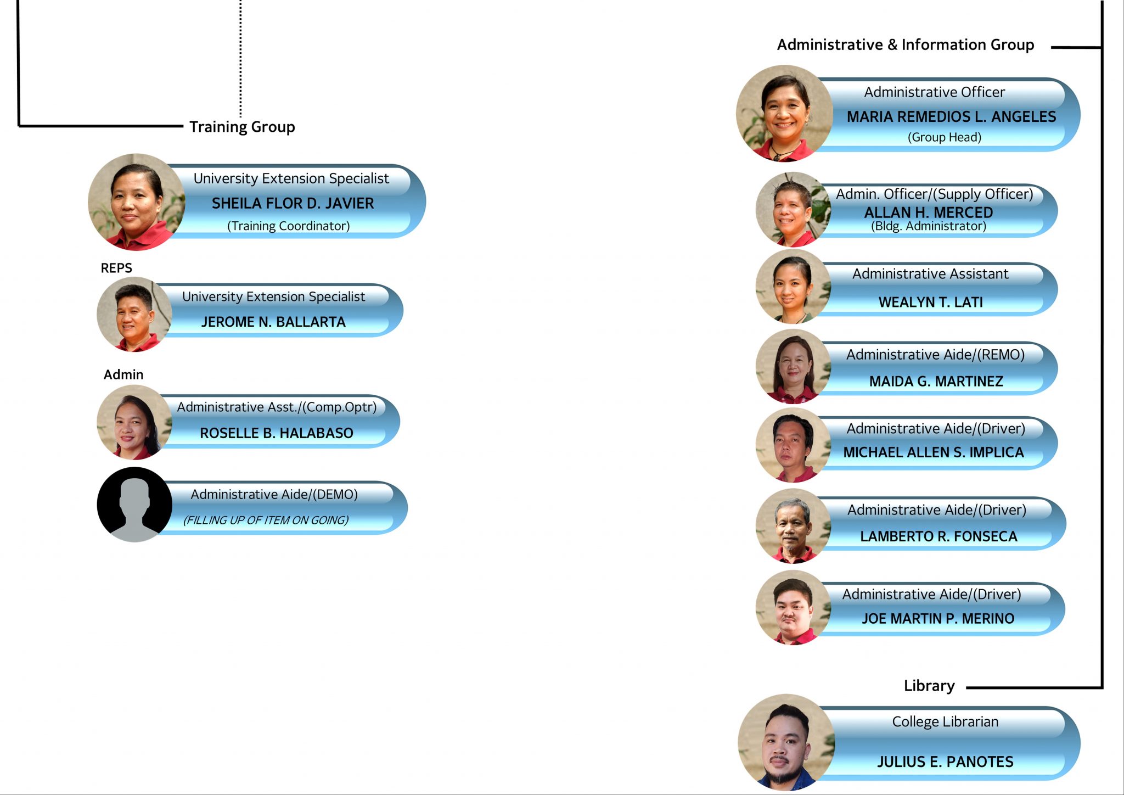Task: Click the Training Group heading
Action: [242, 127]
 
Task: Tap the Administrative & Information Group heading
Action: [906, 44]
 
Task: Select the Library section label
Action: [929, 686]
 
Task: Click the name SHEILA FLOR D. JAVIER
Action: [293, 203]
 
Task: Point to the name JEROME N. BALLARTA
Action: [273, 322]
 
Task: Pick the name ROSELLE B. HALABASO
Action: [277, 433]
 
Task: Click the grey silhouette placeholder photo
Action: [134, 505]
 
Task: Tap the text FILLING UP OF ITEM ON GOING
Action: [266, 520]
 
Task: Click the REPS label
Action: [116, 268]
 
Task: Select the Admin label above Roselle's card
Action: [123, 374]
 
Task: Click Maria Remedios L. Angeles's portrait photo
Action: [784, 114]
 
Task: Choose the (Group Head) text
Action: [945, 137]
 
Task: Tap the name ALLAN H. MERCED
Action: [929, 212]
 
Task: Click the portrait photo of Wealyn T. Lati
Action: [793, 287]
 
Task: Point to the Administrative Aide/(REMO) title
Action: [936, 355]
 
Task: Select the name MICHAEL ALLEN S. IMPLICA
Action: [934, 452]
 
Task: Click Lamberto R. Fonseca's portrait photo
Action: [793, 526]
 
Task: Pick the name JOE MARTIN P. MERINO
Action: [938, 619]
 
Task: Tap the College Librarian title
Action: [945, 722]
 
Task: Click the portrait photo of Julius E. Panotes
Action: [786, 742]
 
